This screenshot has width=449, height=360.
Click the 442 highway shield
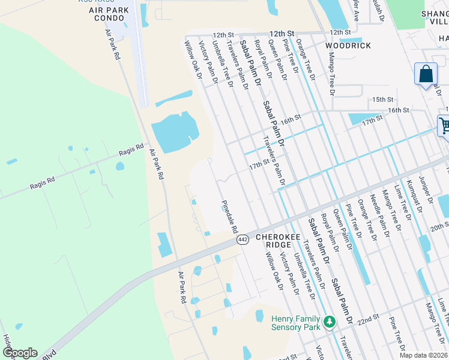point(243,239)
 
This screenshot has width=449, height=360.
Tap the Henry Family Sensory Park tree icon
point(329,322)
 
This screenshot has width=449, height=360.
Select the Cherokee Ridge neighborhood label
point(278,237)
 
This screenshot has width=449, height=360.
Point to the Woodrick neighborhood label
point(348,46)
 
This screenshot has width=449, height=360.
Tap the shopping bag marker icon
point(426,74)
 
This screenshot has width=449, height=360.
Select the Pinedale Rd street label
point(229,217)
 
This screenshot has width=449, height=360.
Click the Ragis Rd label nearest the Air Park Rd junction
point(131,150)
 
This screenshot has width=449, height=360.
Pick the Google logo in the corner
point(19,353)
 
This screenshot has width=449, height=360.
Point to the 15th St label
point(382,99)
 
